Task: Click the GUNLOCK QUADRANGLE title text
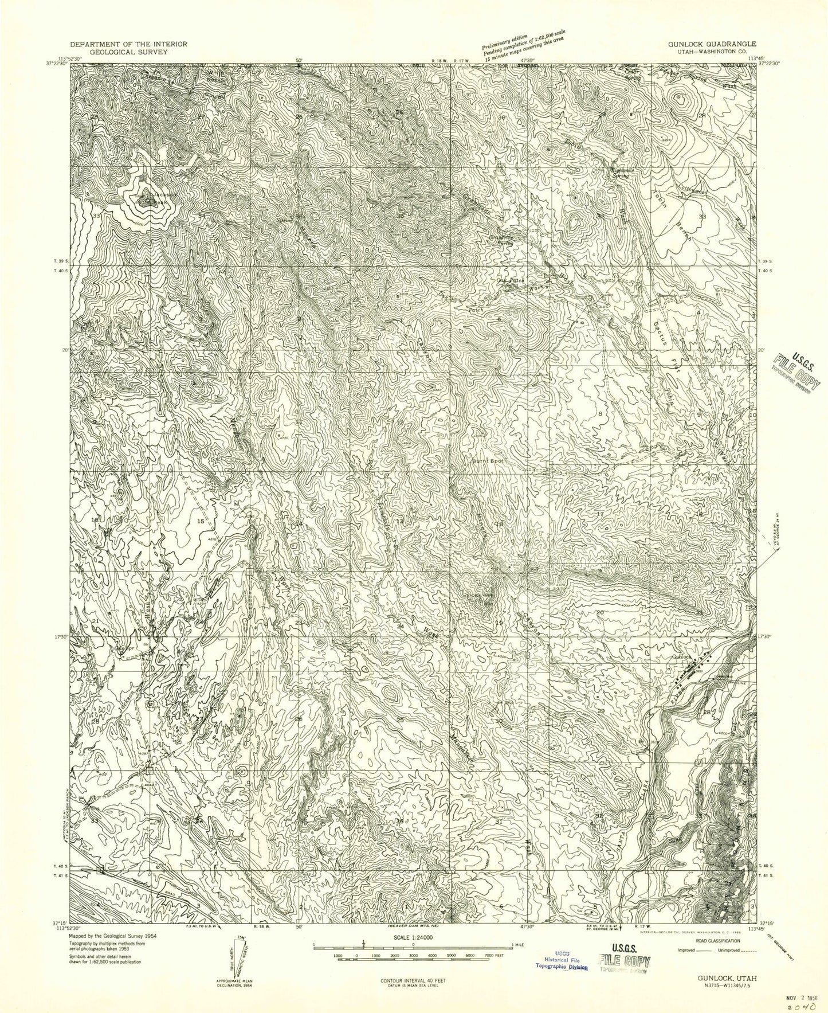pyautogui.click(x=711, y=44)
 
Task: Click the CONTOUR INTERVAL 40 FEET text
pyautogui.click(x=413, y=980)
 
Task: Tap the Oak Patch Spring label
pyautogui.click(x=508, y=282)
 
